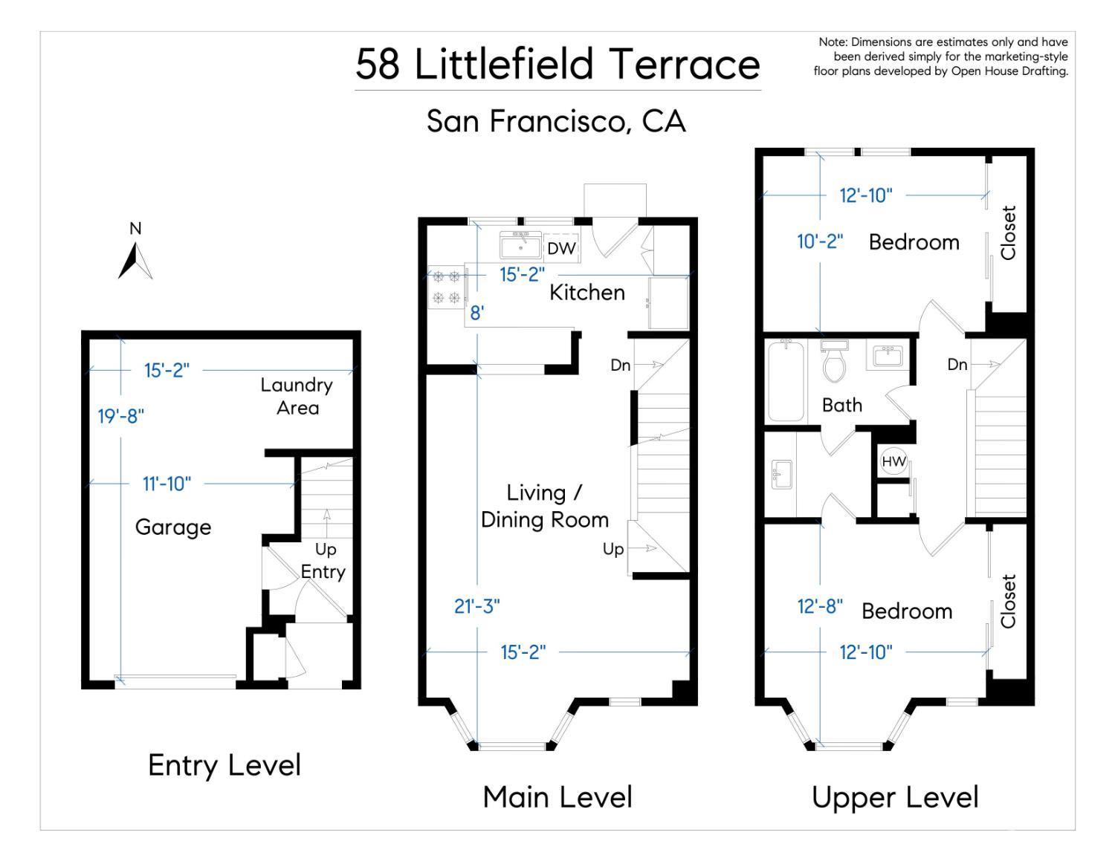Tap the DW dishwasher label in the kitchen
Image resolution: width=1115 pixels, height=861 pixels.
point(561,249)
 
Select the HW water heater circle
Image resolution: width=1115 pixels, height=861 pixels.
point(893,461)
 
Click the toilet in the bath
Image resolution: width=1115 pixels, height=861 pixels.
point(834,361)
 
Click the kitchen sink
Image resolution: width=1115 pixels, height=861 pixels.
point(520,246)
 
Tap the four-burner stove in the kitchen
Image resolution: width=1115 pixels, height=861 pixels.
point(447,287)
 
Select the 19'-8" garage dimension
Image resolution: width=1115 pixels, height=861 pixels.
point(121,416)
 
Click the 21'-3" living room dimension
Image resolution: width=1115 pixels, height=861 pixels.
point(476,606)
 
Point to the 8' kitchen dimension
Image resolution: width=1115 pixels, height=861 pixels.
point(476,312)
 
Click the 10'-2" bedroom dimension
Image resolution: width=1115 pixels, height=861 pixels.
point(820,241)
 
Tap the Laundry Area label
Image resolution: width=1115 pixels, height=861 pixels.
point(297,397)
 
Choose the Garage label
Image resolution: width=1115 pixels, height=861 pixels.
point(173,527)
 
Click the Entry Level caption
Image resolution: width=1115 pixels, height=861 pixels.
point(224,766)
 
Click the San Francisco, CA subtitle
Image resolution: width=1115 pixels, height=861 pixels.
point(556,121)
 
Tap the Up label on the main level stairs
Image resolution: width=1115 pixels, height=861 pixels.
point(613,549)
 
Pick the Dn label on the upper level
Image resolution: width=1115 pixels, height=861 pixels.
point(957,365)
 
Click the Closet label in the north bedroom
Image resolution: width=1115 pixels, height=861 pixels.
point(1008,233)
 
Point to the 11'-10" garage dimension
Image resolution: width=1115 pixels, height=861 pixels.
point(167,484)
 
